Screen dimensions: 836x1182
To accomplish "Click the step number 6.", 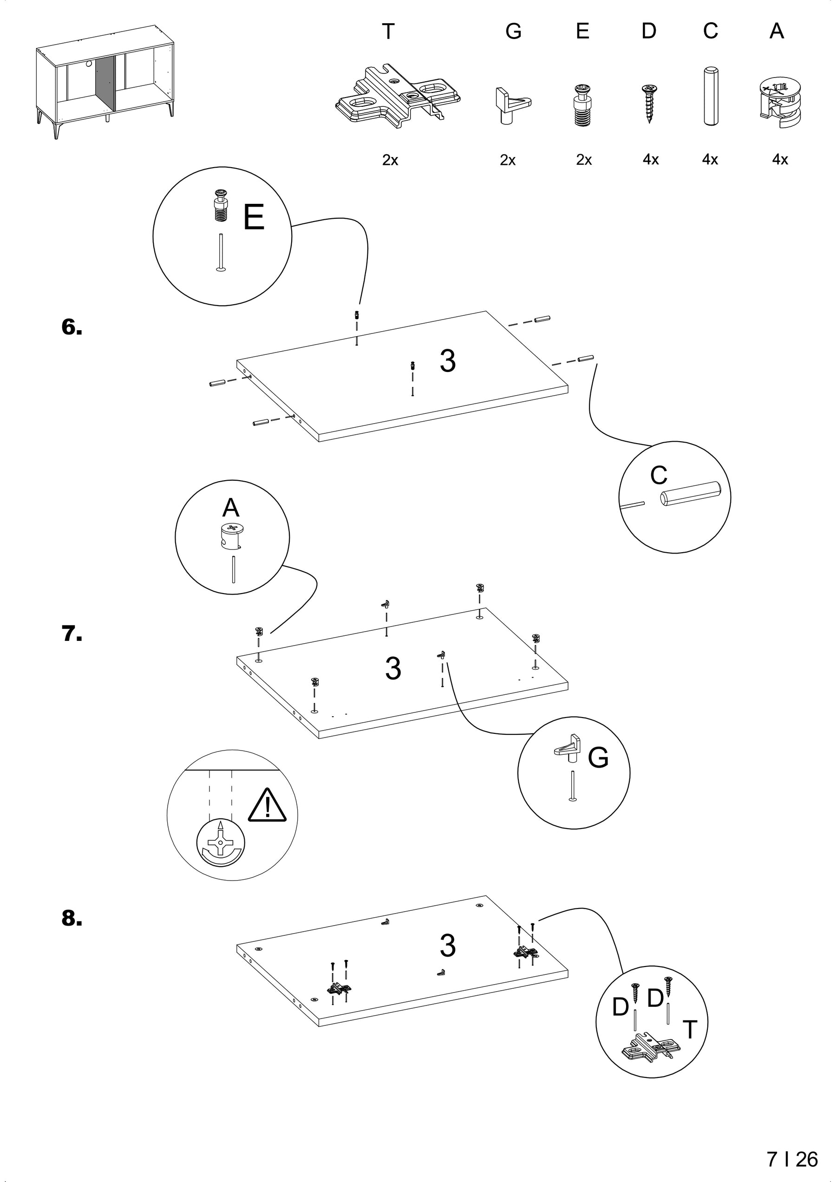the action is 72,327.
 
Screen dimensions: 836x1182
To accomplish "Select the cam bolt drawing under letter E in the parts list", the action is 582,105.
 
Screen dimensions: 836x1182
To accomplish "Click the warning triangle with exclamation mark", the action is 267,806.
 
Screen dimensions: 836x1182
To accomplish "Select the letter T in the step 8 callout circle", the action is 689,1030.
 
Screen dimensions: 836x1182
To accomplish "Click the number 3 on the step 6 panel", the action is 448,361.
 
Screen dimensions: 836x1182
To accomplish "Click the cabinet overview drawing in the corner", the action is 105,82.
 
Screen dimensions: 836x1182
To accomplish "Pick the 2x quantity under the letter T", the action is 390,160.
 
